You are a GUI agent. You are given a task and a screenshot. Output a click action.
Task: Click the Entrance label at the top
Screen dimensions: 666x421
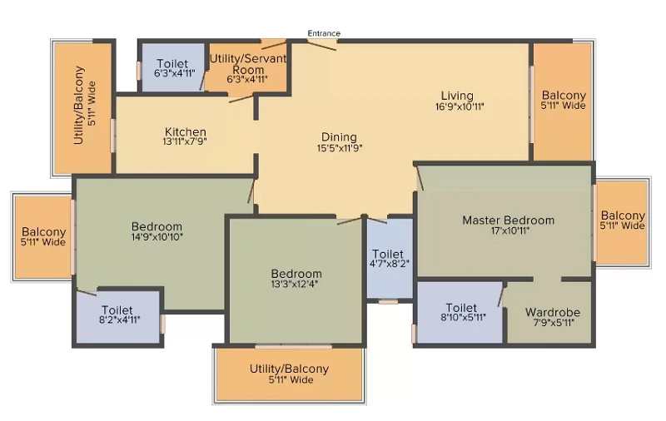click(x=324, y=33)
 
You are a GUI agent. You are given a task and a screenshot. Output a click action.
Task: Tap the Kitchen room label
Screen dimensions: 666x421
click(x=186, y=131)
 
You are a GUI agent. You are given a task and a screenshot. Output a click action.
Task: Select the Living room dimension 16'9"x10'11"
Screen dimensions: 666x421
click(x=460, y=106)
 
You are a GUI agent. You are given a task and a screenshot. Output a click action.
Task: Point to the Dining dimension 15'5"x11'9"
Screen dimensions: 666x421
click(x=340, y=148)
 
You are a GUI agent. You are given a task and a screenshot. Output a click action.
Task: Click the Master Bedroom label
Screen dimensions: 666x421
click(x=509, y=220)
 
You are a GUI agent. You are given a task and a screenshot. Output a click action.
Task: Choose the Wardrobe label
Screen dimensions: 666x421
click(x=553, y=312)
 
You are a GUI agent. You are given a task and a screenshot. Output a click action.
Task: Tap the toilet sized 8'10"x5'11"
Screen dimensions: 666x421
click(x=461, y=312)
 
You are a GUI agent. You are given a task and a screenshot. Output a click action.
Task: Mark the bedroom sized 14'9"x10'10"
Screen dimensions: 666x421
click(x=157, y=231)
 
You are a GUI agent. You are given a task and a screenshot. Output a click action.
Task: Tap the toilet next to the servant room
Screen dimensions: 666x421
click(x=172, y=68)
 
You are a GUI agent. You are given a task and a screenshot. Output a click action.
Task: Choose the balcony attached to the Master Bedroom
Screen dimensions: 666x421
click(x=623, y=220)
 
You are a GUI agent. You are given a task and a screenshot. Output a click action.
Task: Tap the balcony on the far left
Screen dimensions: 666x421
click(x=43, y=237)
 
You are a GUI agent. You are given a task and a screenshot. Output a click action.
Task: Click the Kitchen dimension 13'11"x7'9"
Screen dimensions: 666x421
click(x=185, y=141)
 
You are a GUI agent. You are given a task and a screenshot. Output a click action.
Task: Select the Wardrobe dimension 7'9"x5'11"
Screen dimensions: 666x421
click(x=554, y=323)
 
